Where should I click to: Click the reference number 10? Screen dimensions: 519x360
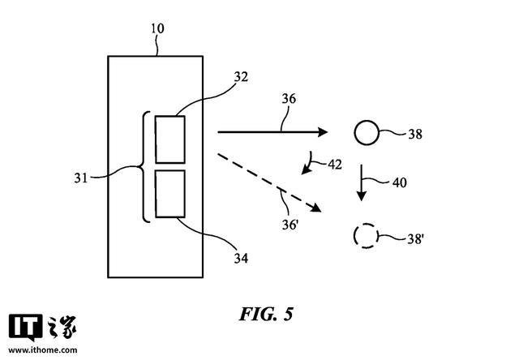pyautogui.click(x=157, y=29)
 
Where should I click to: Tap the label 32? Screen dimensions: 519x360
pyautogui.click(x=241, y=77)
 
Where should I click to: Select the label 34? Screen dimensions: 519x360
pyautogui.click(x=241, y=258)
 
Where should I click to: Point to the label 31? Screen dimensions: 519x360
pyautogui.click(x=81, y=178)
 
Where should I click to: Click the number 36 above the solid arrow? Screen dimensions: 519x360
pyautogui.click(x=289, y=99)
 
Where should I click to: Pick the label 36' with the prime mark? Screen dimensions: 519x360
pyautogui.click(x=290, y=225)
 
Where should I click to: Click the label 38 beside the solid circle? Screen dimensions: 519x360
pyautogui.click(x=415, y=134)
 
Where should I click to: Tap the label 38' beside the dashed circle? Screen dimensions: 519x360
pyautogui.click(x=416, y=238)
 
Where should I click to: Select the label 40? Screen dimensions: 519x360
pyautogui.click(x=399, y=182)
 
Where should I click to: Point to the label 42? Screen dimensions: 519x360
pyautogui.click(x=335, y=165)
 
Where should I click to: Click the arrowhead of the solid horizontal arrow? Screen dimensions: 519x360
pyautogui.click(x=323, y=132)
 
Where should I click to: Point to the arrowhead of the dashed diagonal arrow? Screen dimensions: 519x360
pyautogui.click(x=316, y=208)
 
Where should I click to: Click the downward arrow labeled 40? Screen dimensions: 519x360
pyautogui.click(x=362, y=182)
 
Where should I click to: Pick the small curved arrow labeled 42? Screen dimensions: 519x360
pyautogui.click(x=309, y=165)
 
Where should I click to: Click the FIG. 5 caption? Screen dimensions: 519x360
pyautogui.click(x=266, y=314)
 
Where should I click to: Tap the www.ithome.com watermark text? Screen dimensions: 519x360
pyautogui.click(x=43, y=350)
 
